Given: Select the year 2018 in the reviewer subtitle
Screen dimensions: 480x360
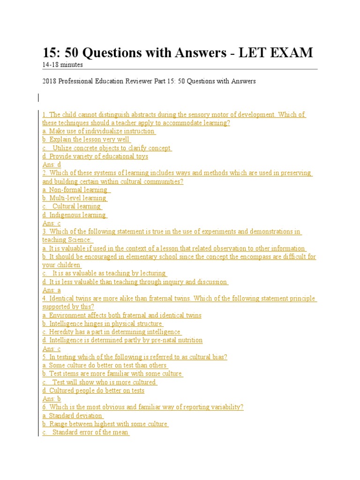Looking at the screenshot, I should tap(50, 81).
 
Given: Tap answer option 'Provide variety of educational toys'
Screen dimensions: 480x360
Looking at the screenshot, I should tap(95, 157).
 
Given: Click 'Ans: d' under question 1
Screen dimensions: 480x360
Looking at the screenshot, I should tap(52, 165).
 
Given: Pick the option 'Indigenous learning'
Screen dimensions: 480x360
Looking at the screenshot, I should tap(75, 215).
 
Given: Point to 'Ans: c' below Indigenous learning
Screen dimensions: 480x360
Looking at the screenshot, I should tap(52, 224).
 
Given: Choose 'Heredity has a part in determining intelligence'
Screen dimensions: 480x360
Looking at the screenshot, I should tap(112, 332).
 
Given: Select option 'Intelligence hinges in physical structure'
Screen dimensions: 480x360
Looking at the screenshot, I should tap(103, 324).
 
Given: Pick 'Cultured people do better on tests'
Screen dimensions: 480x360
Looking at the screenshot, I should tap(93, 390).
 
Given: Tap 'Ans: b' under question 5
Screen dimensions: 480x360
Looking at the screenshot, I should tap(52, 399).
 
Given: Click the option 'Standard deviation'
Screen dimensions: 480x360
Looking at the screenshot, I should tap(73, 416).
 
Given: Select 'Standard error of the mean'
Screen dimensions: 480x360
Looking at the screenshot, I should tap(86, 433).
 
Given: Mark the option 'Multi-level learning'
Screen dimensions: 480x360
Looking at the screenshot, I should tap(75, 198).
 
